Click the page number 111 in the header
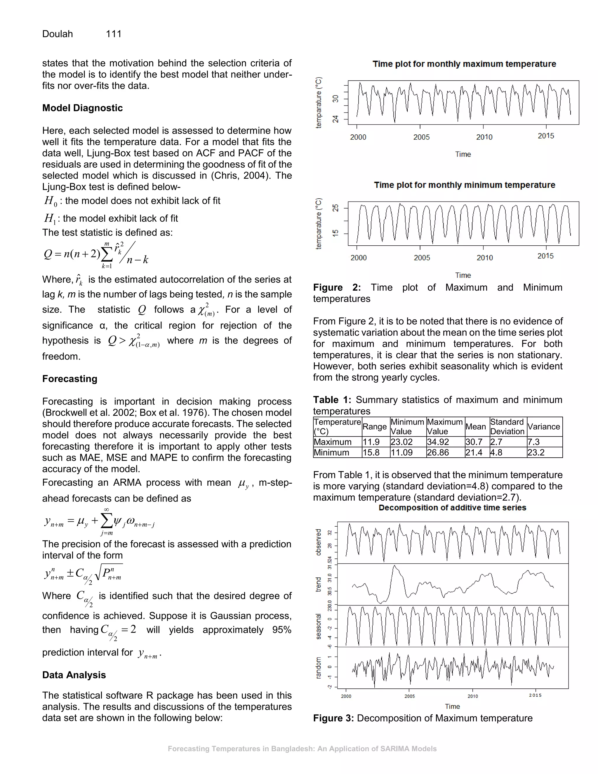tap(113, 34)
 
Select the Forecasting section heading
tap(69, 379)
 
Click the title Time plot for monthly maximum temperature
tap(464, 64)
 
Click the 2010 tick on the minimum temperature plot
tap(484, 258)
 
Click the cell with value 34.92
tap(438, 442)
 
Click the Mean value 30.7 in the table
tap(474, 442)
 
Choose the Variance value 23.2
tap(536, 452)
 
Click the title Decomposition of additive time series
tap(452, 508)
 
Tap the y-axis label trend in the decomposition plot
tap(318, 584)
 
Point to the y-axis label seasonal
tap(318, 626)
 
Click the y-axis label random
tap(318, 668)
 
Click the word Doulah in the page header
tap(58, 34)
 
